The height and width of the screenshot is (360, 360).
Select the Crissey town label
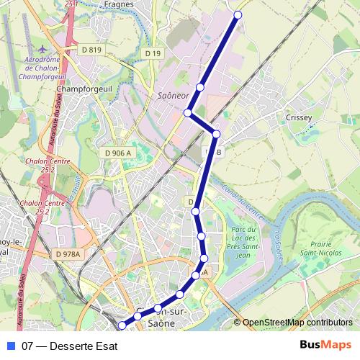point(298,117)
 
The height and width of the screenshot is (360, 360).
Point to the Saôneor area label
point(171,95)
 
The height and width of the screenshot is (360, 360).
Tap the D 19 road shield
point(152,53)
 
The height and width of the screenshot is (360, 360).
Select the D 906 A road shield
point(118,153)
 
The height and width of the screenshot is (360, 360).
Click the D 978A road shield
point(68,253)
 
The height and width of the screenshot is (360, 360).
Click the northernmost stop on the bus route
point(238,14)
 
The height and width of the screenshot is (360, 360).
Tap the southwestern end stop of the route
point(122,325)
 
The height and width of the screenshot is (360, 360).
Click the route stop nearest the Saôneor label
point(200,87)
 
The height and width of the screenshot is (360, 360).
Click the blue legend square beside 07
point(10,345)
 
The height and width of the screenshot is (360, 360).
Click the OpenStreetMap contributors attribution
point(297,323)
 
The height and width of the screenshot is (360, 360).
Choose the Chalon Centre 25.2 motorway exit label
point(37,207)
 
